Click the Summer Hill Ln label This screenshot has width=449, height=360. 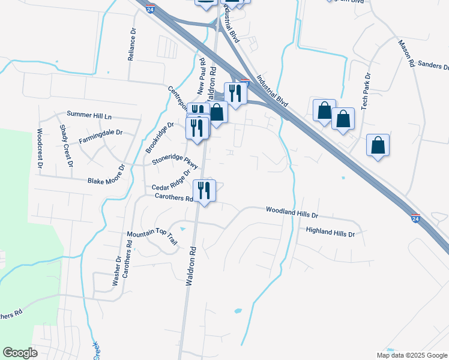coord(89,114)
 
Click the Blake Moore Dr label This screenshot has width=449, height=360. coord(105,180)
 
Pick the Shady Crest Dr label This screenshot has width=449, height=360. coord(67,146)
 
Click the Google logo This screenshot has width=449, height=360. coord(20,353)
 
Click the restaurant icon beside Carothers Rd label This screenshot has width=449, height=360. coord(204,191)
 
